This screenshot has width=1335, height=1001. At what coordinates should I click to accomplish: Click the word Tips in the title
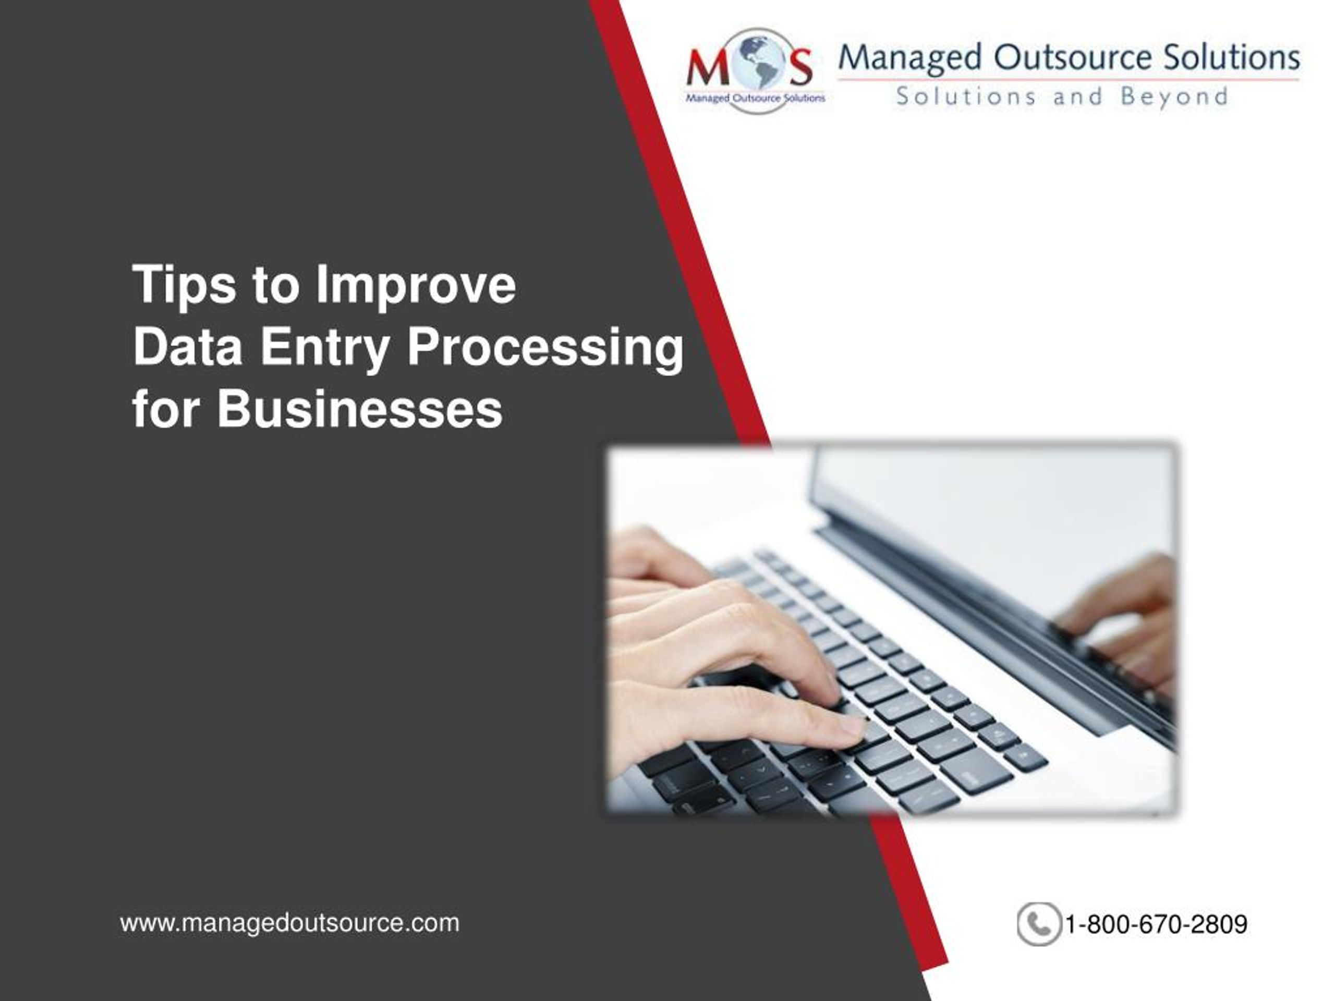point(184,285)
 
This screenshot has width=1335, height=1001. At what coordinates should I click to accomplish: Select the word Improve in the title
point(417,285)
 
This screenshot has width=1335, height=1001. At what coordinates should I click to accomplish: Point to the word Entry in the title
point(325,348)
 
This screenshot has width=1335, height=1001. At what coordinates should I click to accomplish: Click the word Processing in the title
point(546,348)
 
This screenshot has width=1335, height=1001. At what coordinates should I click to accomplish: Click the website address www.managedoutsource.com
point(290,923)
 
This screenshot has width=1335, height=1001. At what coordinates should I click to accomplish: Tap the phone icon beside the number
point(1038,924)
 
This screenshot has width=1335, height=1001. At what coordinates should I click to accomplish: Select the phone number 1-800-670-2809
point(1156,924)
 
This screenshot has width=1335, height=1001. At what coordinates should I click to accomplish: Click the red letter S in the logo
point(799,68)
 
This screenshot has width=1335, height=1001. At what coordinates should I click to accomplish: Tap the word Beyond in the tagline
point(1174,97)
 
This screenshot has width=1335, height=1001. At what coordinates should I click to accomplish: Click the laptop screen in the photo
point(990,519)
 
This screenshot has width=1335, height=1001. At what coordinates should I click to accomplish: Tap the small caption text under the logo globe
point(755,97)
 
